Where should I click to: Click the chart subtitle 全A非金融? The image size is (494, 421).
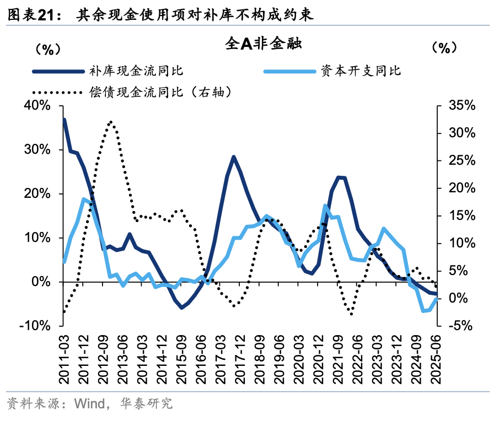tap(262, 44)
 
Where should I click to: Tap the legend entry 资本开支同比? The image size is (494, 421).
tap(361, 71)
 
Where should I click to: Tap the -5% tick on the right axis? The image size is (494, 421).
tap(462, 326)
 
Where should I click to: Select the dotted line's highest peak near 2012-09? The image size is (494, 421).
tap(111, 121)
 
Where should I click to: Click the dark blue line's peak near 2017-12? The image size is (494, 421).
tap(233, 156)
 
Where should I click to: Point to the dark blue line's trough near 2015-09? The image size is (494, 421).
tap(181, 307)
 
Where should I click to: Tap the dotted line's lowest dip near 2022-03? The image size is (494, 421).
tap(351, 314)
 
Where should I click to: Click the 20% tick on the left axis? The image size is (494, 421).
tap(36, 193)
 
